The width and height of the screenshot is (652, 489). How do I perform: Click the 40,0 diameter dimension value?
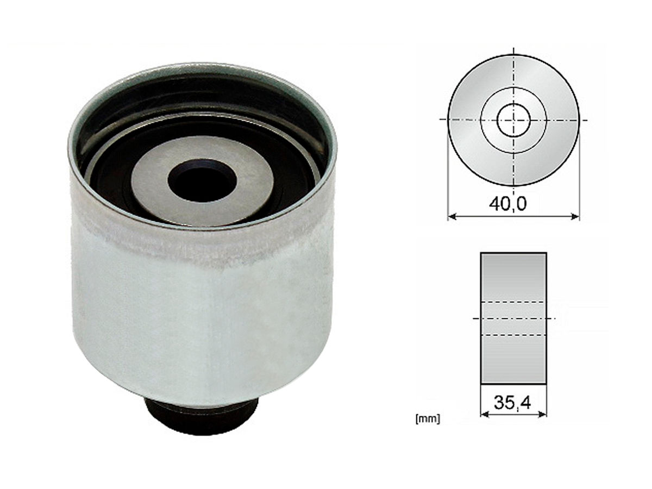click(x=507, y=204)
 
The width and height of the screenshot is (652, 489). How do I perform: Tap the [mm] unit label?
click(x=428, y=418)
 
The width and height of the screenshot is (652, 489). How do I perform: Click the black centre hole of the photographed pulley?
click(x=202, y=180)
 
